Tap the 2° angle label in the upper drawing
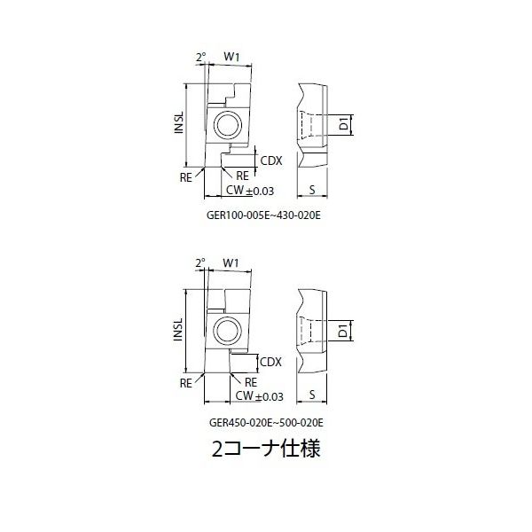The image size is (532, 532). coord(201,58)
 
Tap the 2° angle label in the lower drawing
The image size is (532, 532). coord(201,263)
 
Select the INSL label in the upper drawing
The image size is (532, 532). coord(178,124)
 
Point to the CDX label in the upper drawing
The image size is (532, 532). coord(270,160)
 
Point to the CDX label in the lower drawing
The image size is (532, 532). coord(270,362)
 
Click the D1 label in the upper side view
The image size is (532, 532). coord(344,125)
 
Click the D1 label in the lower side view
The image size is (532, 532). coord(344,332)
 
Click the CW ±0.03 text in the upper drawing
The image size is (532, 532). coord(249,190)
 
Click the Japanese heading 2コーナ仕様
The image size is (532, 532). coord(265,449)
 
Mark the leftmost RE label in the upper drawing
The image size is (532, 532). coord(187,177)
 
